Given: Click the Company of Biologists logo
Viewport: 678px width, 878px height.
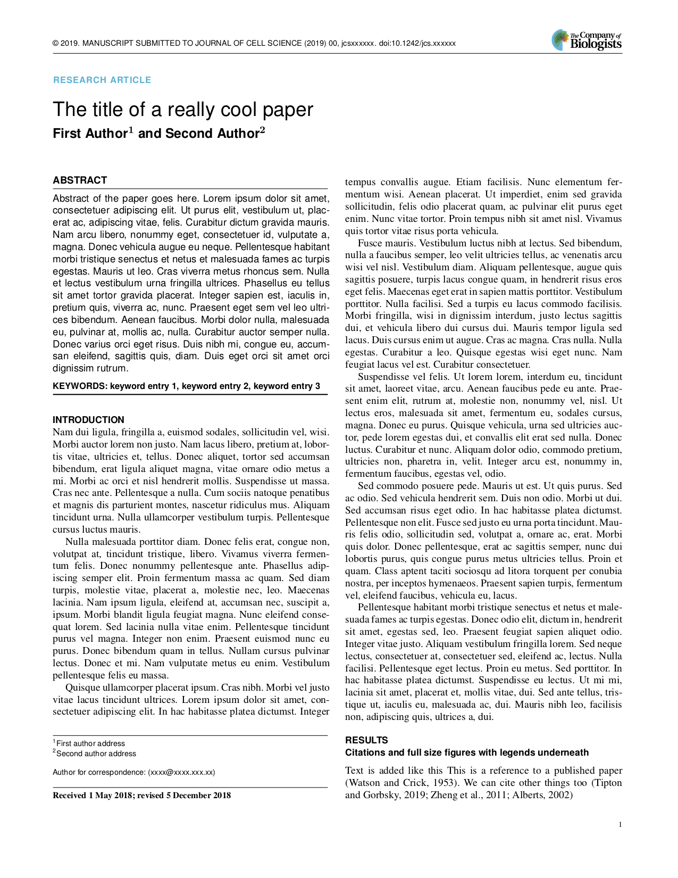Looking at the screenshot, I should pyautogui.click(x=587, y=40).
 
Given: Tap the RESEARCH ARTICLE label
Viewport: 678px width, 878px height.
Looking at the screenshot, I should pyautogui.click(x=102, y=80).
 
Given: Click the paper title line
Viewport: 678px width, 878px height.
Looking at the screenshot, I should pyautogui.click(x=183, y=110).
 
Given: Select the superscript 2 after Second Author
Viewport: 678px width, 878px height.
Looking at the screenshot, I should pyautogui.click(x=262, y=130).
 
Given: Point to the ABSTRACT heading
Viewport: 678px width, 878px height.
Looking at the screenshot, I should pyautogui.click(x=80, y=180).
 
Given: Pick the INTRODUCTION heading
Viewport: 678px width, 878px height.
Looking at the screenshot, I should pyautogui.click(x=88, y=420).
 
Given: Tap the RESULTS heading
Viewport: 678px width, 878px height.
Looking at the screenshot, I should pyautogui.click(x=366, y=740).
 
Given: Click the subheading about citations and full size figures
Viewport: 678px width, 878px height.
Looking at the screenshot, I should pyautogui.click(x=466, y=752).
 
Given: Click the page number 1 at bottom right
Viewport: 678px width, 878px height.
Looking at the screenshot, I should pyautogui.click(x=620, y=825).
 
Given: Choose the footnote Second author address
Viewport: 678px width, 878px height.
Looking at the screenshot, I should pyautogui.click(x=96, y=754).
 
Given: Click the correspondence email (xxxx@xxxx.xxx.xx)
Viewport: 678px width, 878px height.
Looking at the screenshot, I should pyautogui.click(x=181, y=772).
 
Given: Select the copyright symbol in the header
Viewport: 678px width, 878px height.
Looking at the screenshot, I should pyautogui.click(x=55, y=44).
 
